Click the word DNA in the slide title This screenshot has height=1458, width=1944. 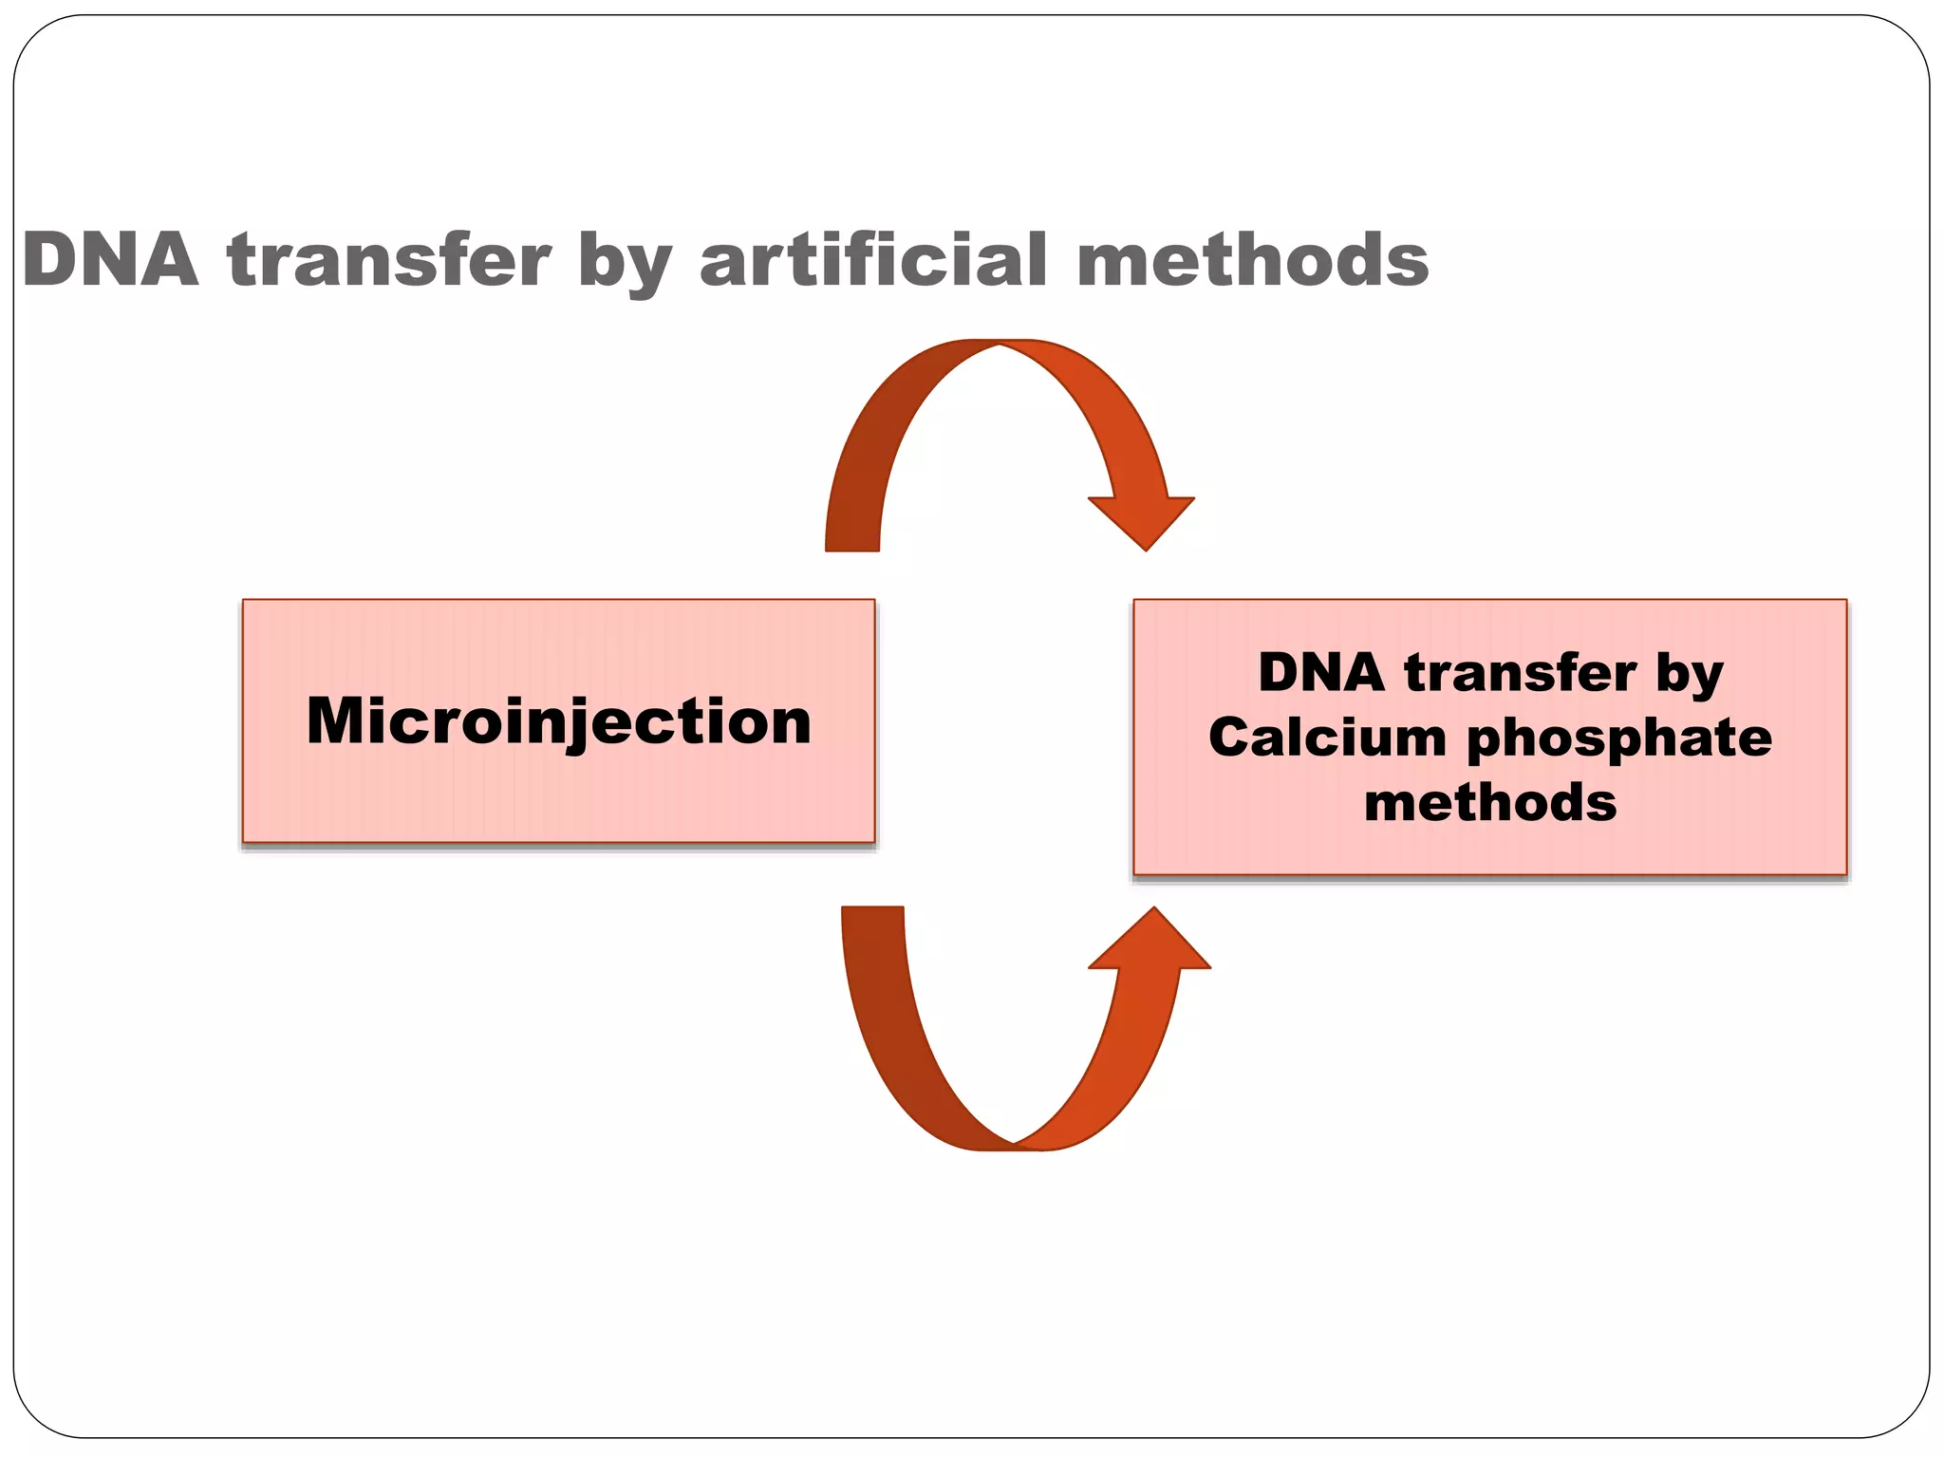click(110, 260)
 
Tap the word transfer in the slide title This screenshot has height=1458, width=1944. click(389, 260)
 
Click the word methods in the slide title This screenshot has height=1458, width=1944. click(1253, 260)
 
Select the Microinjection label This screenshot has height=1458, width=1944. click(559, 721)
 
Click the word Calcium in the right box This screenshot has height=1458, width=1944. click(1327, 738)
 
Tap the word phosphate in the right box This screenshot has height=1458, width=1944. click(1619, 739)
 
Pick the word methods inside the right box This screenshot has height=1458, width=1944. click(1490, 803)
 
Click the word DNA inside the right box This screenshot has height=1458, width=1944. click(1321, 673)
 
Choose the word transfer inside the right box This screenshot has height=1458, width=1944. click(1521, 673)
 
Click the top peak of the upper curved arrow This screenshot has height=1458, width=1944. click(999, 344)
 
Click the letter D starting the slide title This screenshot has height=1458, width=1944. click(49, 260)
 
